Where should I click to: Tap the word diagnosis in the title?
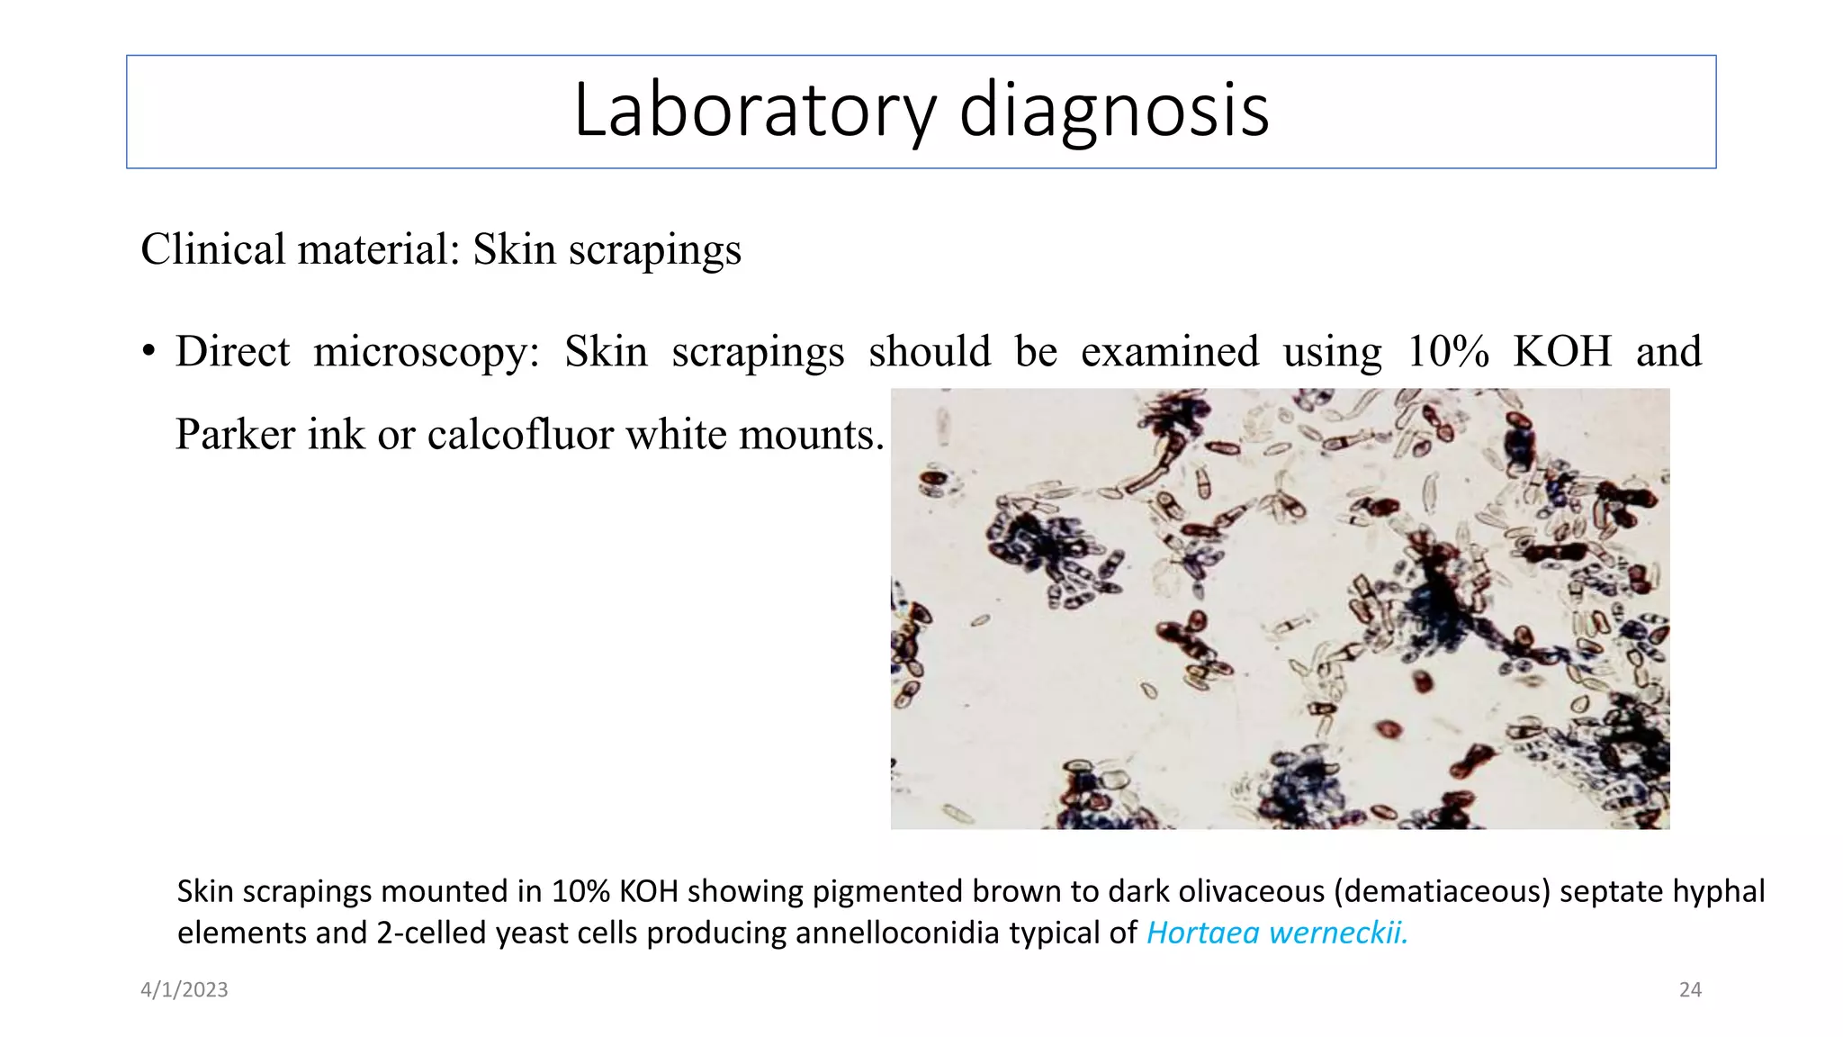click(1114, 110)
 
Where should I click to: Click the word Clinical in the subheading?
click(211, 248)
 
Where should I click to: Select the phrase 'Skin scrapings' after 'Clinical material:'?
click(607, 249)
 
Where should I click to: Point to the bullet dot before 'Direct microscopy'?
click(148, 351)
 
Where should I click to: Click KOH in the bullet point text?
click(1562, 351)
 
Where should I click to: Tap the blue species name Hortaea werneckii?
click(1277, 933)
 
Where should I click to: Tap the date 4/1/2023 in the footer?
click(184, 990)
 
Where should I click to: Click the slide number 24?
click(1690, 990)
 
